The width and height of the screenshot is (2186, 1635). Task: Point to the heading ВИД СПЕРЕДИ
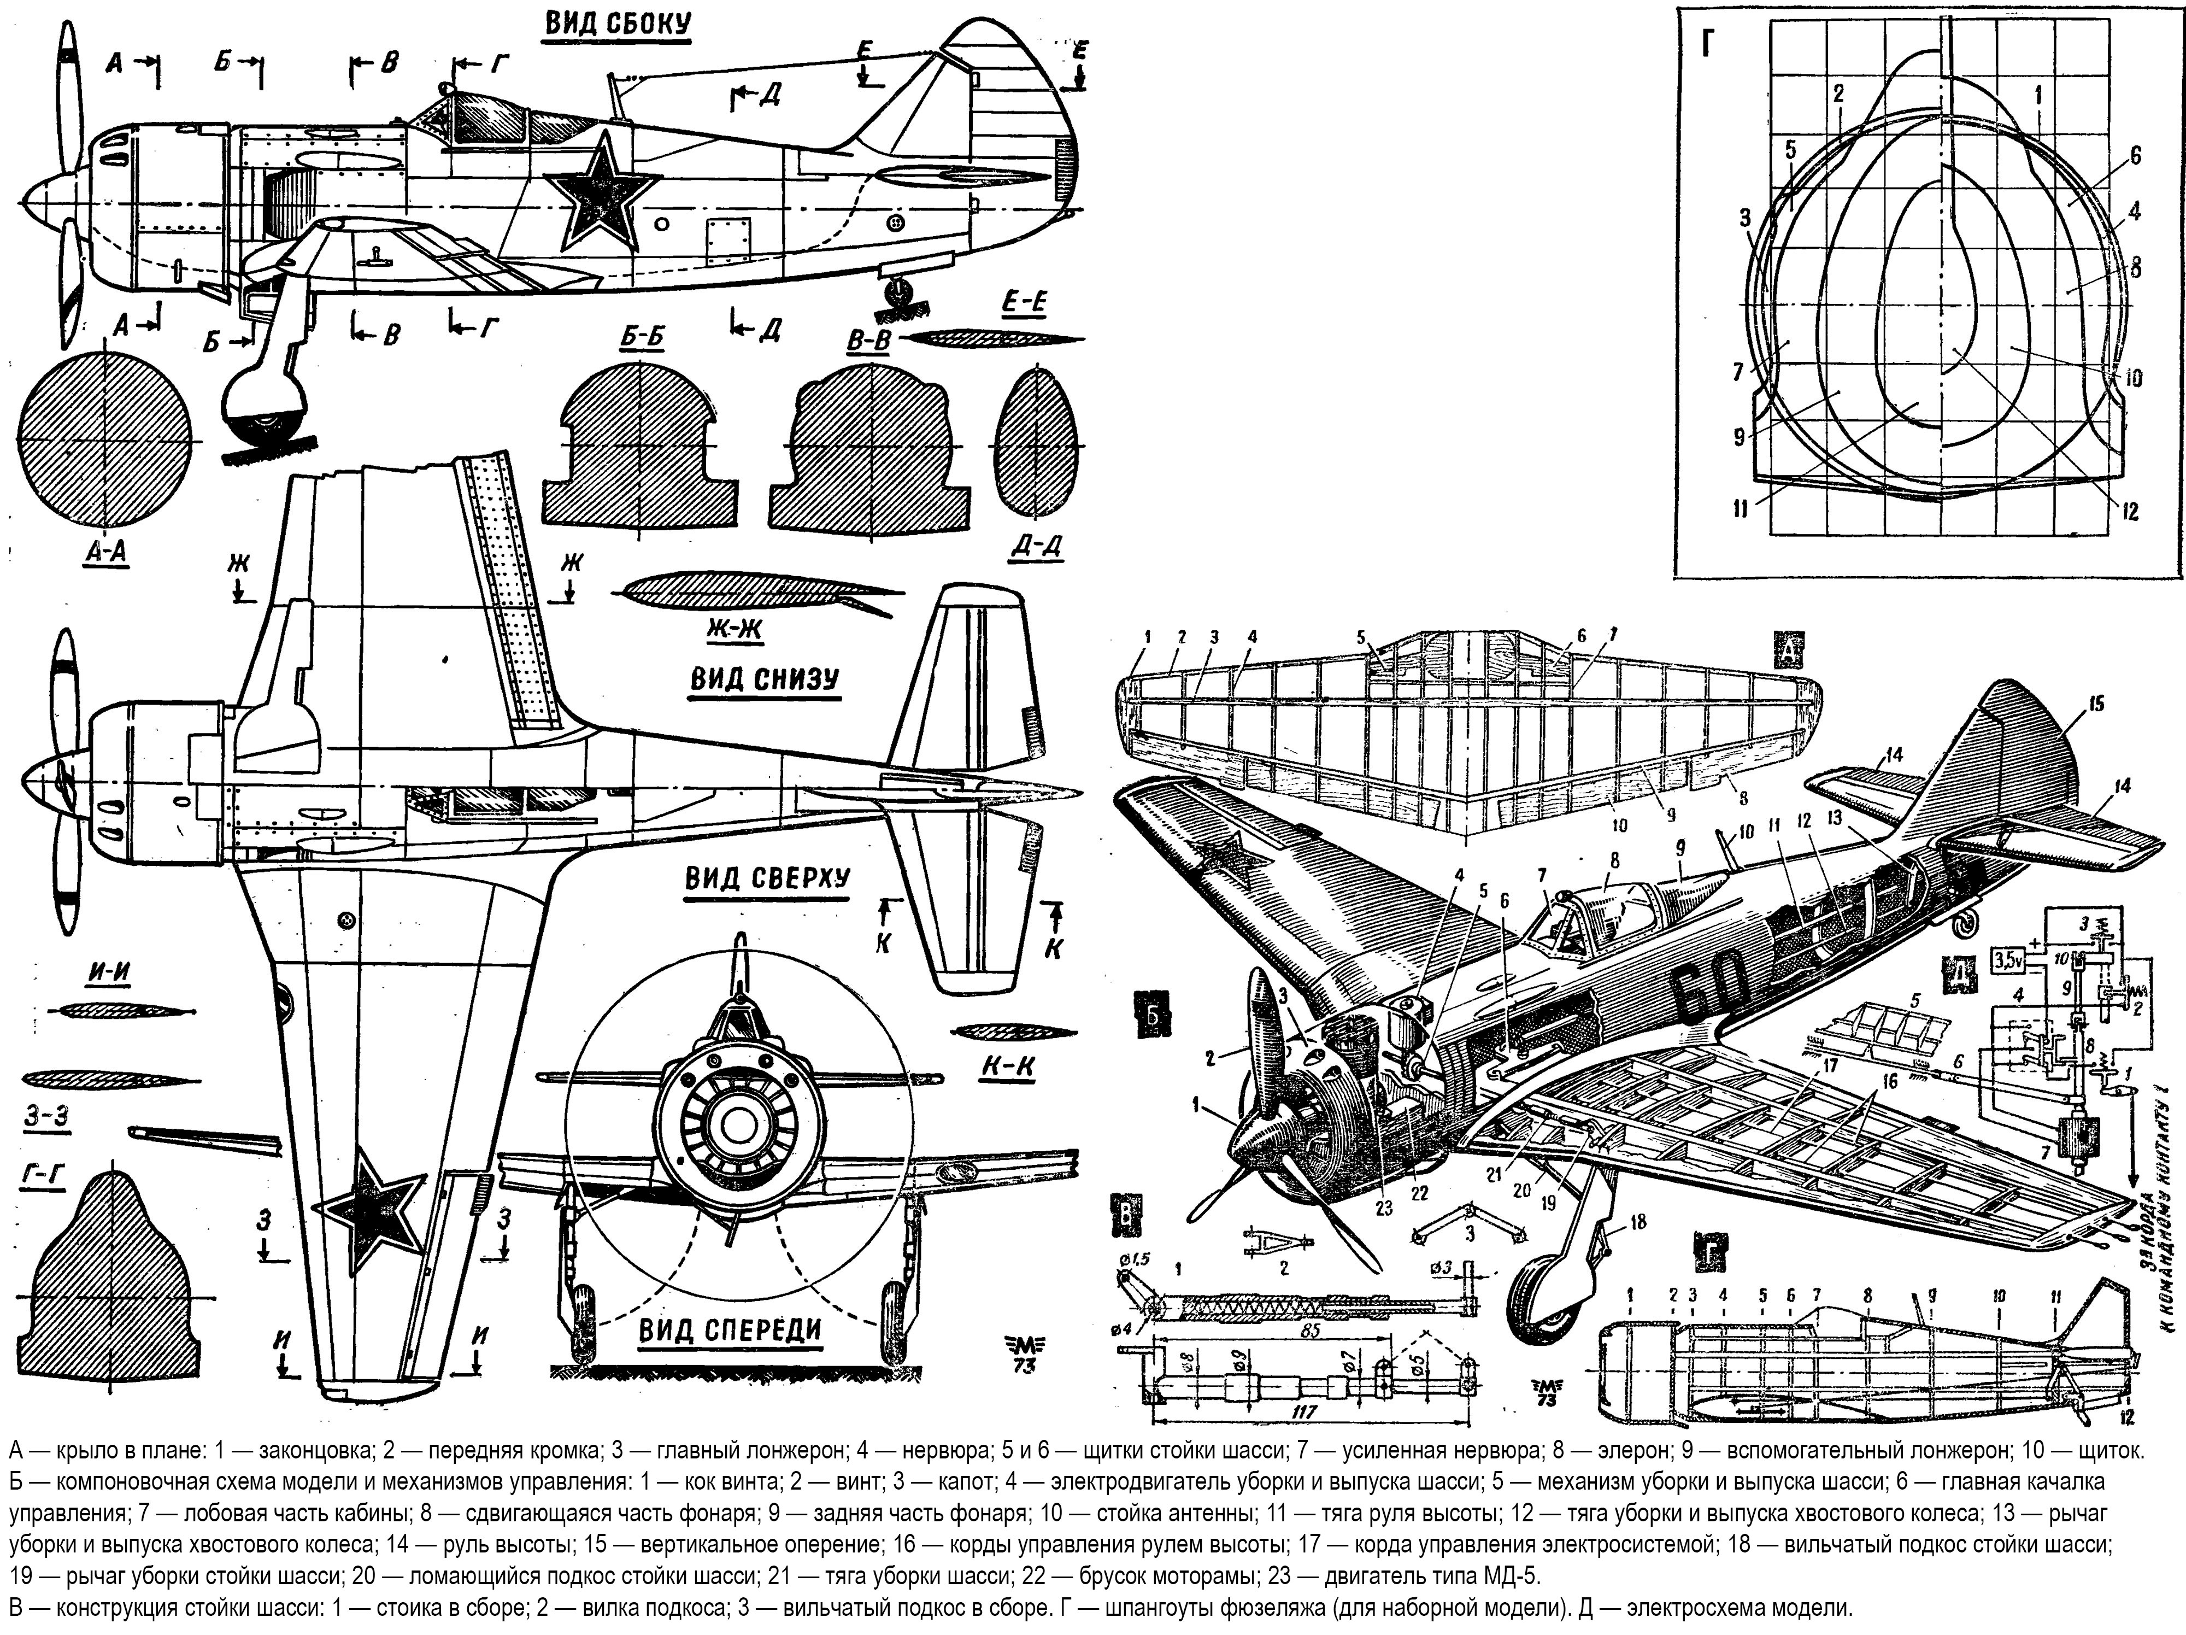pos(730,1331)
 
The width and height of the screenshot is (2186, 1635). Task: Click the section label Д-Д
pos(1038,546)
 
